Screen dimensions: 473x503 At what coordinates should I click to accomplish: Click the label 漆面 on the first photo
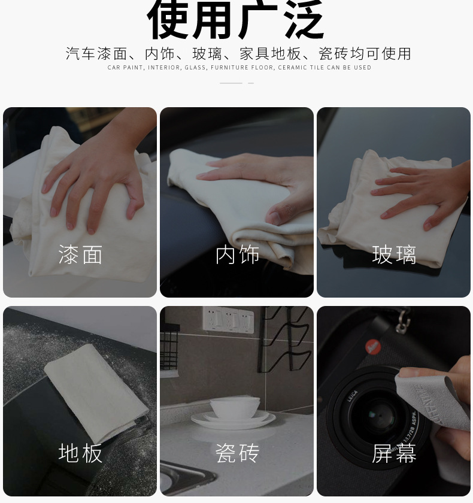80,254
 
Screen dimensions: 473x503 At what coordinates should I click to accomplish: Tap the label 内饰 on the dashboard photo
237,254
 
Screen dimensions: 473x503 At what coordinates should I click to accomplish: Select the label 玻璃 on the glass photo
394,254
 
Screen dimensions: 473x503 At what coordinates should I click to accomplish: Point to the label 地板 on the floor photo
80,453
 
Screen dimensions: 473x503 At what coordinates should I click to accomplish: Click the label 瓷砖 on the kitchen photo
237,453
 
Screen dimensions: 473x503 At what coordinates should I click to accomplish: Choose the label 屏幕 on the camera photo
394,453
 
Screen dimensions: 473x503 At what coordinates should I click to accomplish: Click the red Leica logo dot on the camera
373,347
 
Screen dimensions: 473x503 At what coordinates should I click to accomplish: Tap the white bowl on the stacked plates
235,407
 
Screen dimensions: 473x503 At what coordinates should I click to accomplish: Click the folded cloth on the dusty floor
96,393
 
